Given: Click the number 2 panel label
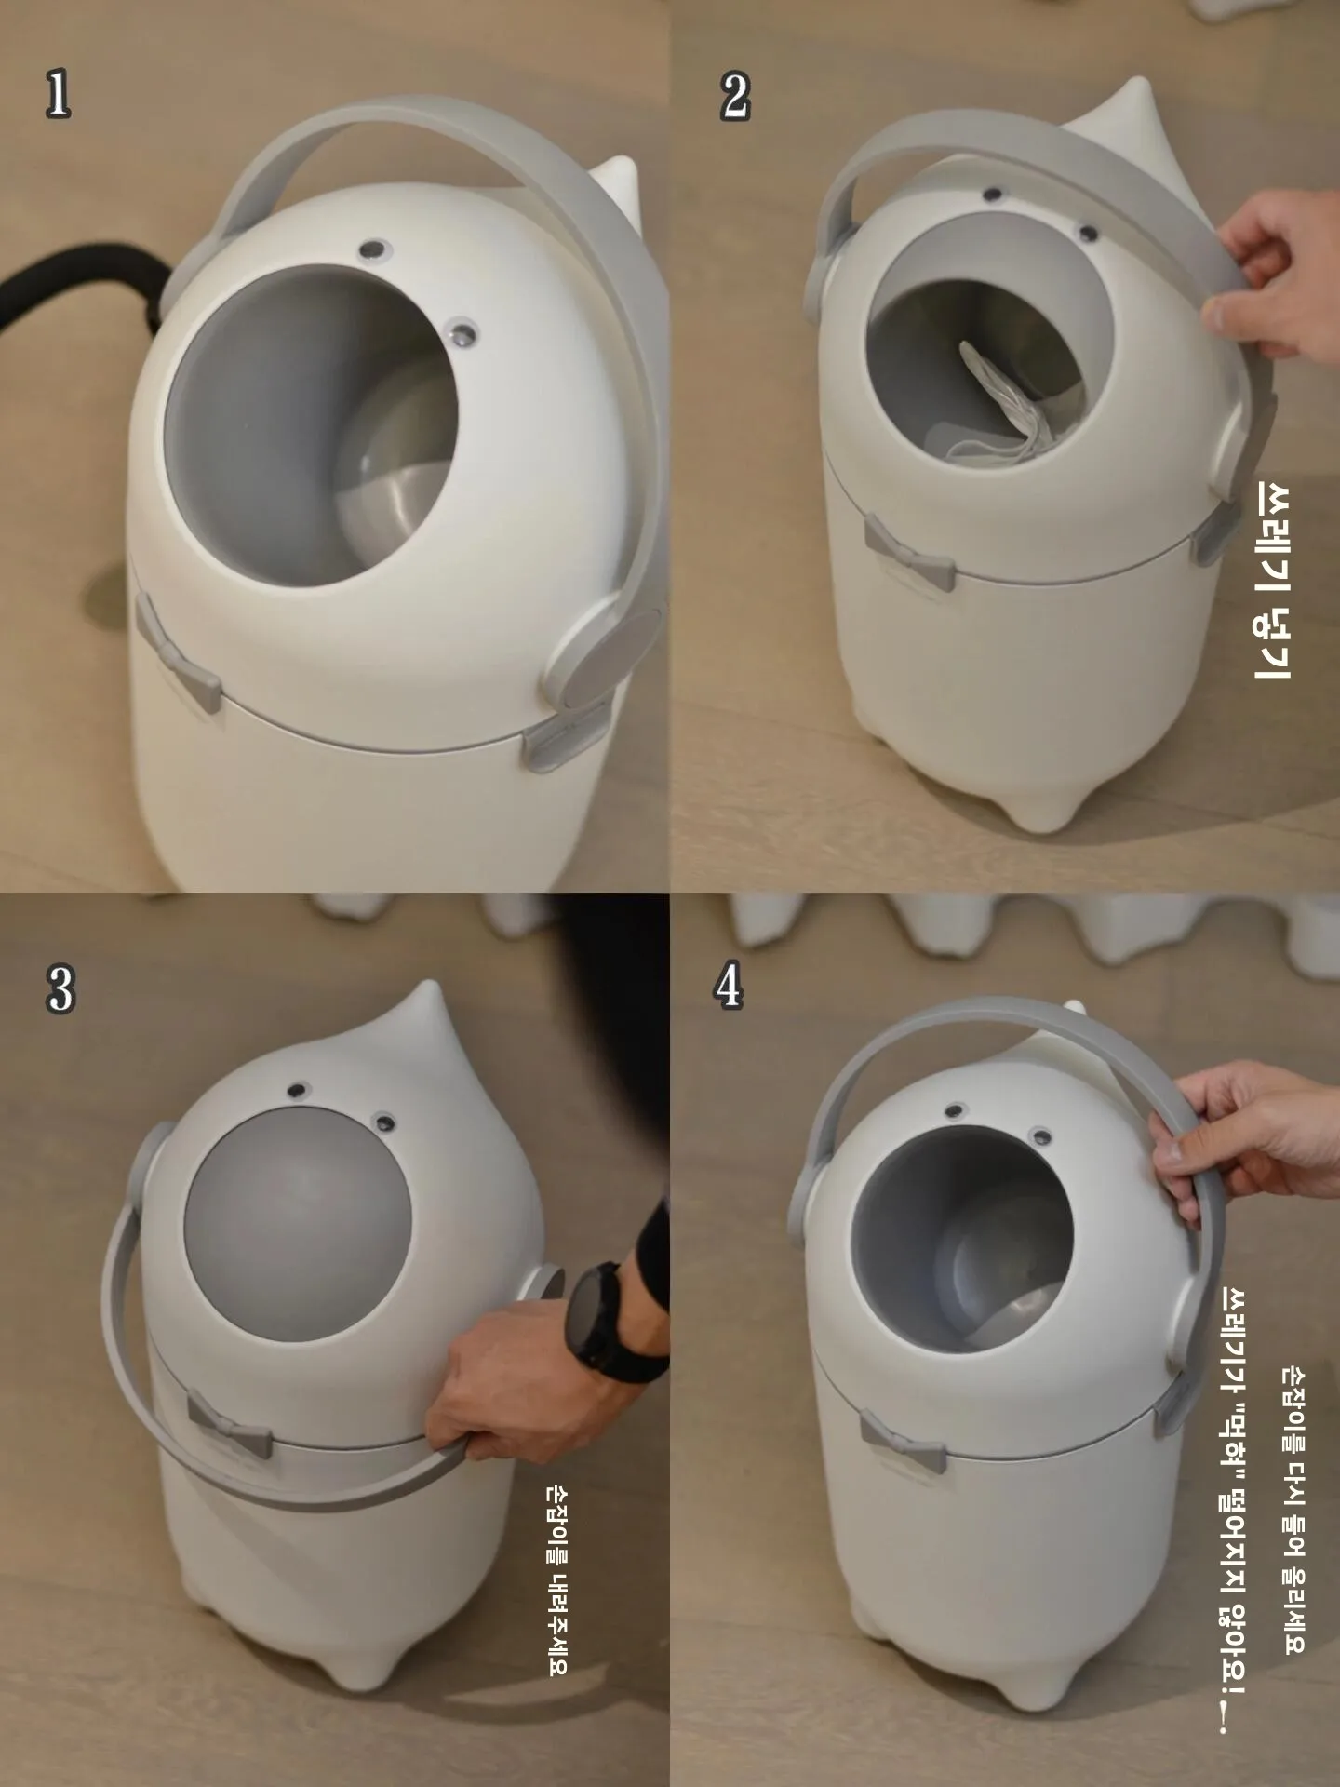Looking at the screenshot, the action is click(x=734, y=97).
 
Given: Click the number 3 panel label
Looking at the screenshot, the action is click(x=60, y=988).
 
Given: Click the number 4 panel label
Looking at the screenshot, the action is click(x=730, y=987).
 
